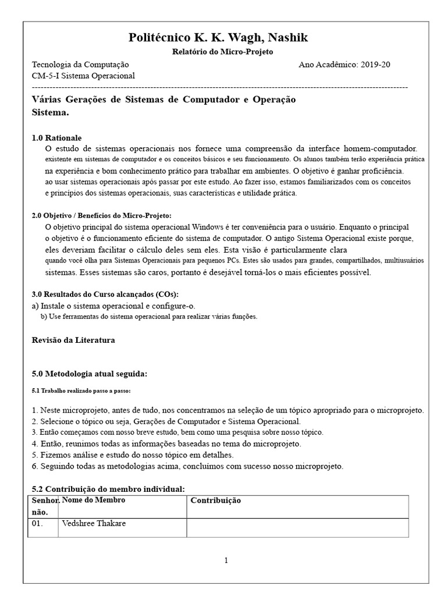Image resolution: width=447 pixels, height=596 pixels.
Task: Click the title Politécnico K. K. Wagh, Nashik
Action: (218, 38)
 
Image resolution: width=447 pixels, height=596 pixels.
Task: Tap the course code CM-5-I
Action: (45, 76)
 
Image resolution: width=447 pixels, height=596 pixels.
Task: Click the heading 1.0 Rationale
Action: (56, 138)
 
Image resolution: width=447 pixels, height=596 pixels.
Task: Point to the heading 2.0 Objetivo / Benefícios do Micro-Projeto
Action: (101, 215)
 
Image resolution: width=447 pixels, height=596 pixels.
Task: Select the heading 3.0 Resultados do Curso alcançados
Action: (105, 294)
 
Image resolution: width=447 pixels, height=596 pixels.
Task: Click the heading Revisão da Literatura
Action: (73, 340)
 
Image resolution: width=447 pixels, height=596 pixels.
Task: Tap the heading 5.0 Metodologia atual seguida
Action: (89, 372)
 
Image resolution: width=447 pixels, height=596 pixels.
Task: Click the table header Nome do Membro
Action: (94, 500)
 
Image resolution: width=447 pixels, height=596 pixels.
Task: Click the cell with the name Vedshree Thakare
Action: (94, 523)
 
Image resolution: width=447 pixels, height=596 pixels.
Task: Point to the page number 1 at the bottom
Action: (226, 560)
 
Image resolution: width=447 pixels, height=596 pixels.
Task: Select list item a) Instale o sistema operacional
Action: (113, 306)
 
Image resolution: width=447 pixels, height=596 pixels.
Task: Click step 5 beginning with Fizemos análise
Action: (132, 455)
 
